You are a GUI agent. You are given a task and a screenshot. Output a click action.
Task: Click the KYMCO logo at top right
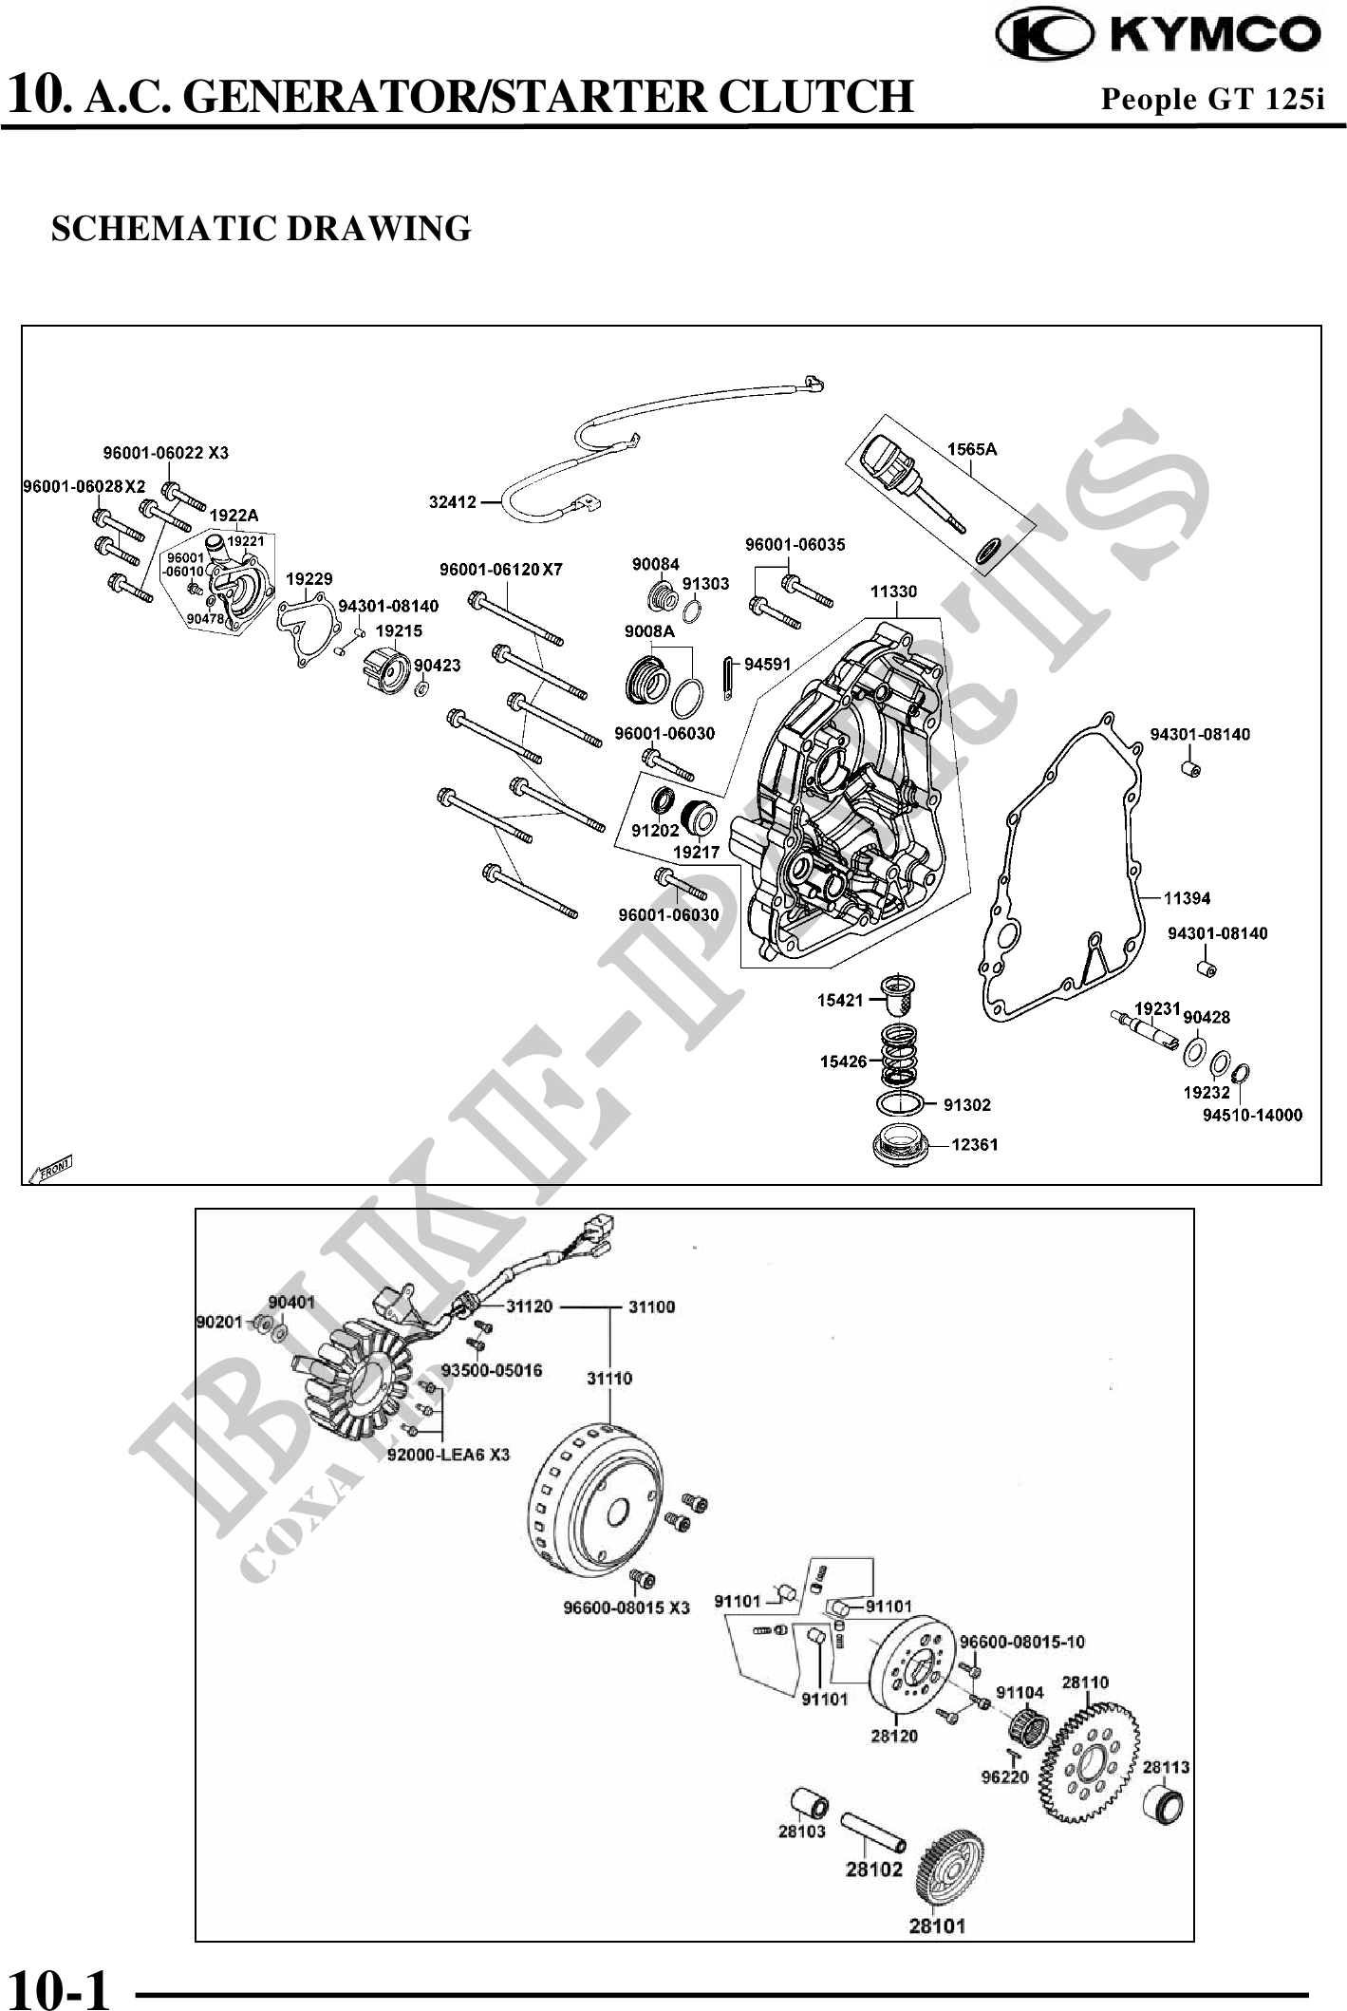[1157, 34]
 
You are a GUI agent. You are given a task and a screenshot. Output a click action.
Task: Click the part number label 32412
[452, 502]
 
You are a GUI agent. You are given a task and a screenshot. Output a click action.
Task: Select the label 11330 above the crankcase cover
[893, 592]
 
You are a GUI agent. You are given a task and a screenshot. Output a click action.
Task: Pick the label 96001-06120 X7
[500, 570]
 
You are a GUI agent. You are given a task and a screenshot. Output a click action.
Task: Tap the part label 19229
[309, 578]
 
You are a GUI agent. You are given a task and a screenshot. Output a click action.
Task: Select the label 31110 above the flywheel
[608, 1378]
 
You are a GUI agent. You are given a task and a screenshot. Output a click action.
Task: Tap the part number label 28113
[1166, 1767]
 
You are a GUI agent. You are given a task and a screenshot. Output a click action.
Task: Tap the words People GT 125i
[1211, 98]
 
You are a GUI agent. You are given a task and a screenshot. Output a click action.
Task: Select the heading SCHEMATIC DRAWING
[261, 229]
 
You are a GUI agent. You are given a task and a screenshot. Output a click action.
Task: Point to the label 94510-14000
[1251, 1115]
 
